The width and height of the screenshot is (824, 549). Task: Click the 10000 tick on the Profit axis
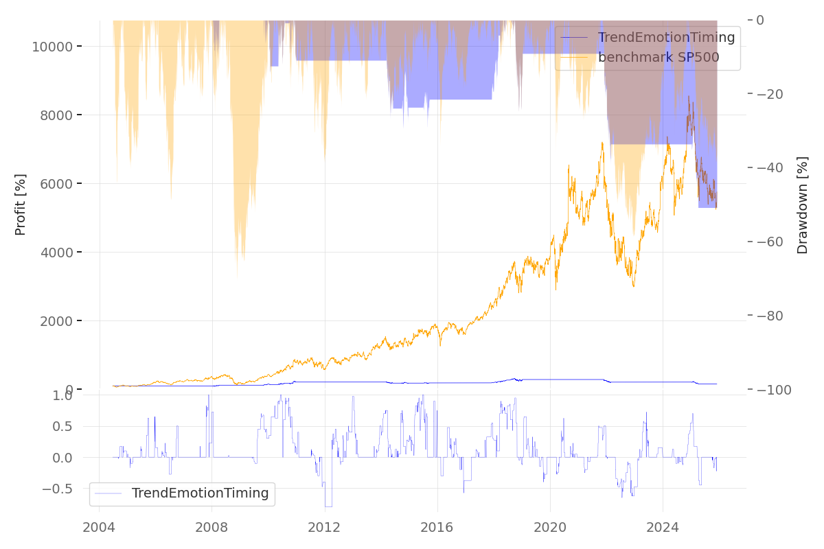click(x=52, y=47)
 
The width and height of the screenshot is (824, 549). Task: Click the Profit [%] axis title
click(x=21, y=205)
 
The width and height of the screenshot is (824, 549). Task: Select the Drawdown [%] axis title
click(x=802, y=205)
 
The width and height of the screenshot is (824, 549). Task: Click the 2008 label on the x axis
click(x=211, y=528)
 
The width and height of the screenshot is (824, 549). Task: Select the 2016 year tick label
click(x=437, y=528)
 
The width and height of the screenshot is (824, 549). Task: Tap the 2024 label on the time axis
click(x=663, y=528)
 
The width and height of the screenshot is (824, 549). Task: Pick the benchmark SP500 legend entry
click(x=658, y=58)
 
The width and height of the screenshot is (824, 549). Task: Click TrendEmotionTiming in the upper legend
click(x=666, y=38)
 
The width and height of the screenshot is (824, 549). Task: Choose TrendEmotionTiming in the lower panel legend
click(x=200, y=493)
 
